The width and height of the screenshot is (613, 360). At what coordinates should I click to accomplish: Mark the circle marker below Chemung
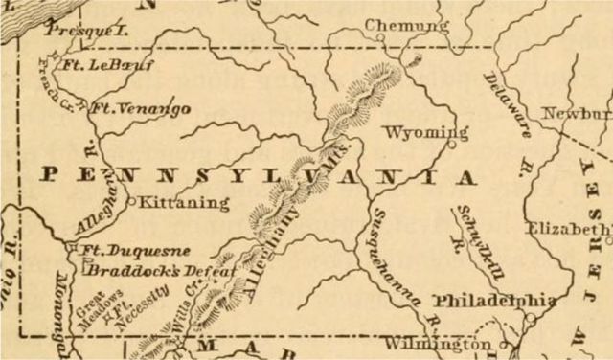(x=379, y=38)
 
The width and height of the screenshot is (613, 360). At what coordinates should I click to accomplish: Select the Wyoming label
(x=424, y=131)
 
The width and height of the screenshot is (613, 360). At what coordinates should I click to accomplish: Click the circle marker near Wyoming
(x=451, y=146)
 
